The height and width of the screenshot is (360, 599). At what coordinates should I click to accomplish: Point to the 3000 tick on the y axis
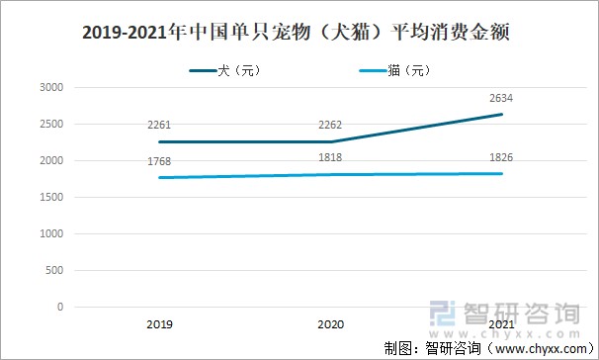click(x=51, y=87)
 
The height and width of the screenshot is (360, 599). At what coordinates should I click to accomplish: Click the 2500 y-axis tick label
click(x=51, y=124)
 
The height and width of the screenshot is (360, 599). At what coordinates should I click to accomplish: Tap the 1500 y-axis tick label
click(x=51, y=197)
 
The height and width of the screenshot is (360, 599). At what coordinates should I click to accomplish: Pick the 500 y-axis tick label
click(x=54, y=270)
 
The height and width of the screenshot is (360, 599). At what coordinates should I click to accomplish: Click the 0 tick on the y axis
click(x=60, y=307)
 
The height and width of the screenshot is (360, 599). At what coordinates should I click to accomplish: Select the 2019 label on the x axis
click(x=158, y=323)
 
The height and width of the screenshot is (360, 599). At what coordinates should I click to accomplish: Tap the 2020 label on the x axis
click(x=330, y=323)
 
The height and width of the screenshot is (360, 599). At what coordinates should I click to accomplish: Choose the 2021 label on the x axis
click(x=501, y=323)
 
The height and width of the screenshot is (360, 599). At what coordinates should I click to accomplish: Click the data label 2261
click(x=158, y=125)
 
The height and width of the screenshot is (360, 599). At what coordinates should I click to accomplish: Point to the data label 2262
click(x=330, y=125)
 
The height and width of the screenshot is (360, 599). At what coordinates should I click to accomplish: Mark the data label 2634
click(x=501, y=97)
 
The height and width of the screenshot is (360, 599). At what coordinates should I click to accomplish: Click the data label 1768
click(x=158, y=161)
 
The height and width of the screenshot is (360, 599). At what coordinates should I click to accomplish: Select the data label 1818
click(x=330, y=157)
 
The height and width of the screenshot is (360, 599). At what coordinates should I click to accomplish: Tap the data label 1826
click(x=501, y=156)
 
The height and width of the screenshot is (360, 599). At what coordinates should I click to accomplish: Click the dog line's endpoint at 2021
click(x=501, y=115)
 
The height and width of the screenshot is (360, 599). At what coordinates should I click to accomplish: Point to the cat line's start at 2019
click(x=158, y=178)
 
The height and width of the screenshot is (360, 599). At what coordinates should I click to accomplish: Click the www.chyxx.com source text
click(x=537, y=347)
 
